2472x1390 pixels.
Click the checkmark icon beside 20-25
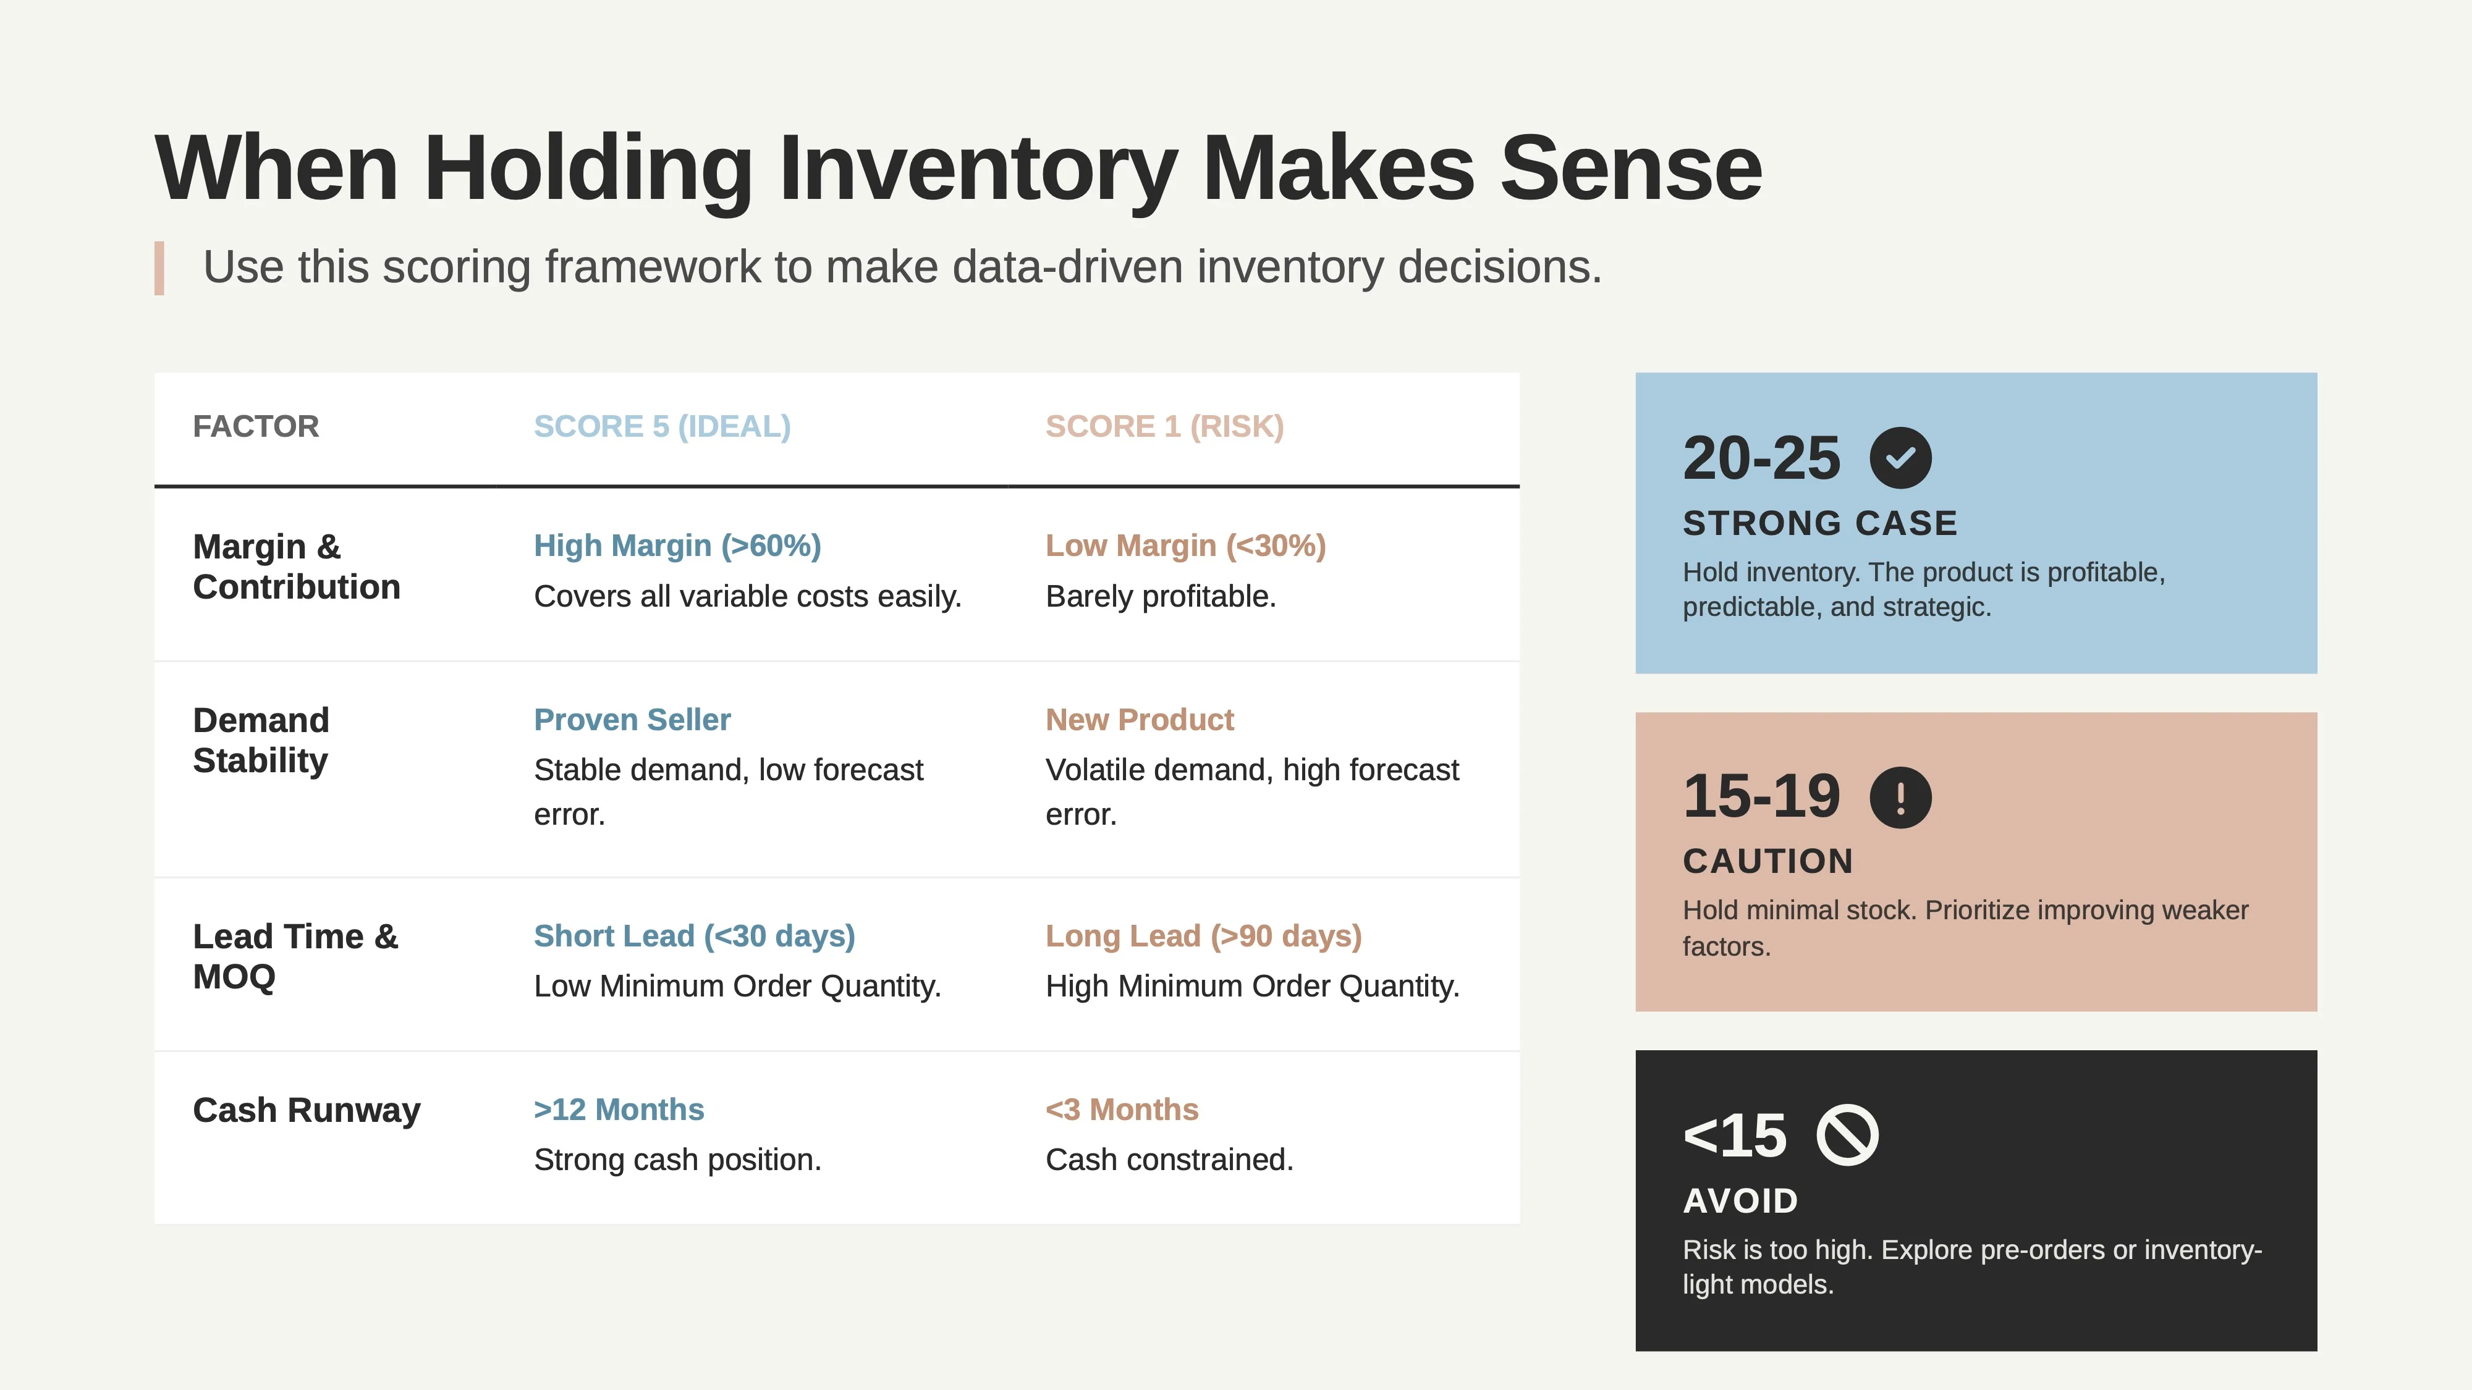point(1900,458)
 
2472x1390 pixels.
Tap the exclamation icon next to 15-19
point(1900,797)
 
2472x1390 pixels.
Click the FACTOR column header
point(255,426)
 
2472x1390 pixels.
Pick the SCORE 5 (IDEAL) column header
point(662,426)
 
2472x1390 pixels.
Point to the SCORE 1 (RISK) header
point(1164,426)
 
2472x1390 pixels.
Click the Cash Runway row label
point(306,1110)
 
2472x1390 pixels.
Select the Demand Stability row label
point(261,739)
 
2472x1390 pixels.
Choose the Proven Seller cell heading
point(632,720)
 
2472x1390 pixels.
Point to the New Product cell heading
point(1139,720)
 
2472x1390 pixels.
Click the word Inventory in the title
point(977,169)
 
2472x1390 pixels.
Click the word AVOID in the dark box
point(1740,1200)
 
